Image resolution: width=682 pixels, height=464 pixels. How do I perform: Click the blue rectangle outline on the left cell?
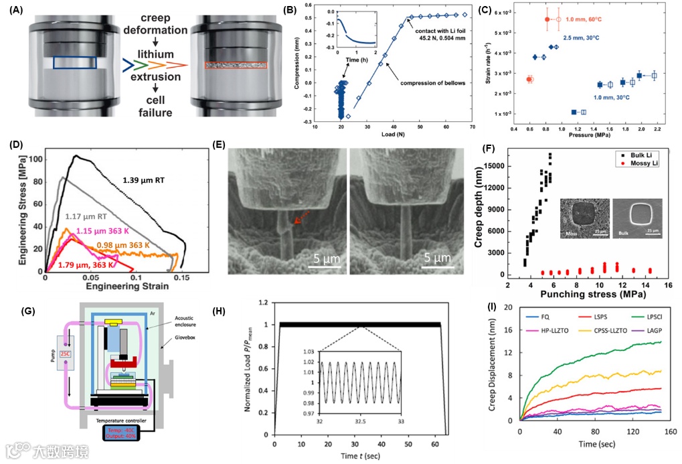[x=74, y=62]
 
